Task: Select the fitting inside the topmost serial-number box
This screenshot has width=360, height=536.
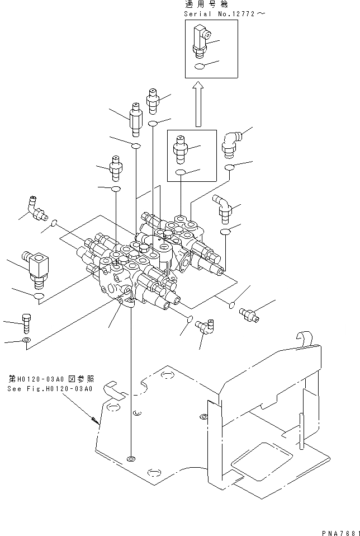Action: pyautogui.click(x=201, y=40)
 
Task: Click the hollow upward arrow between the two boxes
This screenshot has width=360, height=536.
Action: pyautogui.click(x=197, y=104)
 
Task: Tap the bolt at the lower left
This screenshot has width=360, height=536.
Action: pyautogui.click(x=27, y=323)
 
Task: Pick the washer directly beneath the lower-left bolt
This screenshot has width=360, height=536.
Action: pyautogui.click(x=27, y=341)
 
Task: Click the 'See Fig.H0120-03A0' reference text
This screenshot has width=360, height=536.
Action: pyautogui.click(x=50, y=389)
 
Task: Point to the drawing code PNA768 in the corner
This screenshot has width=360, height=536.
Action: pyautogui.click(x=340, y=531)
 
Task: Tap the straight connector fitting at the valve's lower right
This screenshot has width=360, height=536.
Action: pyautogui.click(x=249, y=315)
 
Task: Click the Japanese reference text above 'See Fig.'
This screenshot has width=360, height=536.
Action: pyautogui.click(x=50, y=378)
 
